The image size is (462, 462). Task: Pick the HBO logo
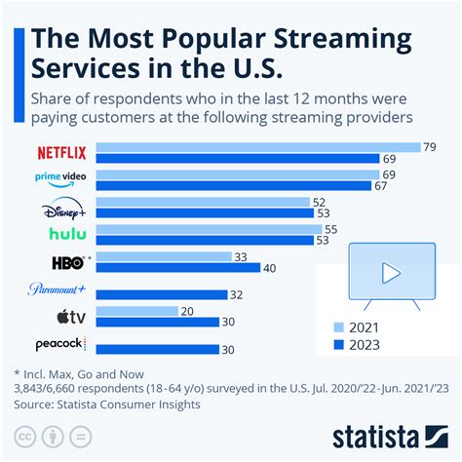coord(69,261)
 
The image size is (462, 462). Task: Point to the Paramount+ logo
coord(58,289)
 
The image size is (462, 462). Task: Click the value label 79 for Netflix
coord(429,146)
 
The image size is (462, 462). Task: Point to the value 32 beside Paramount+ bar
coord(237,294)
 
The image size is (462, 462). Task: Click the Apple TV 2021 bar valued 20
coord(137,310)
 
